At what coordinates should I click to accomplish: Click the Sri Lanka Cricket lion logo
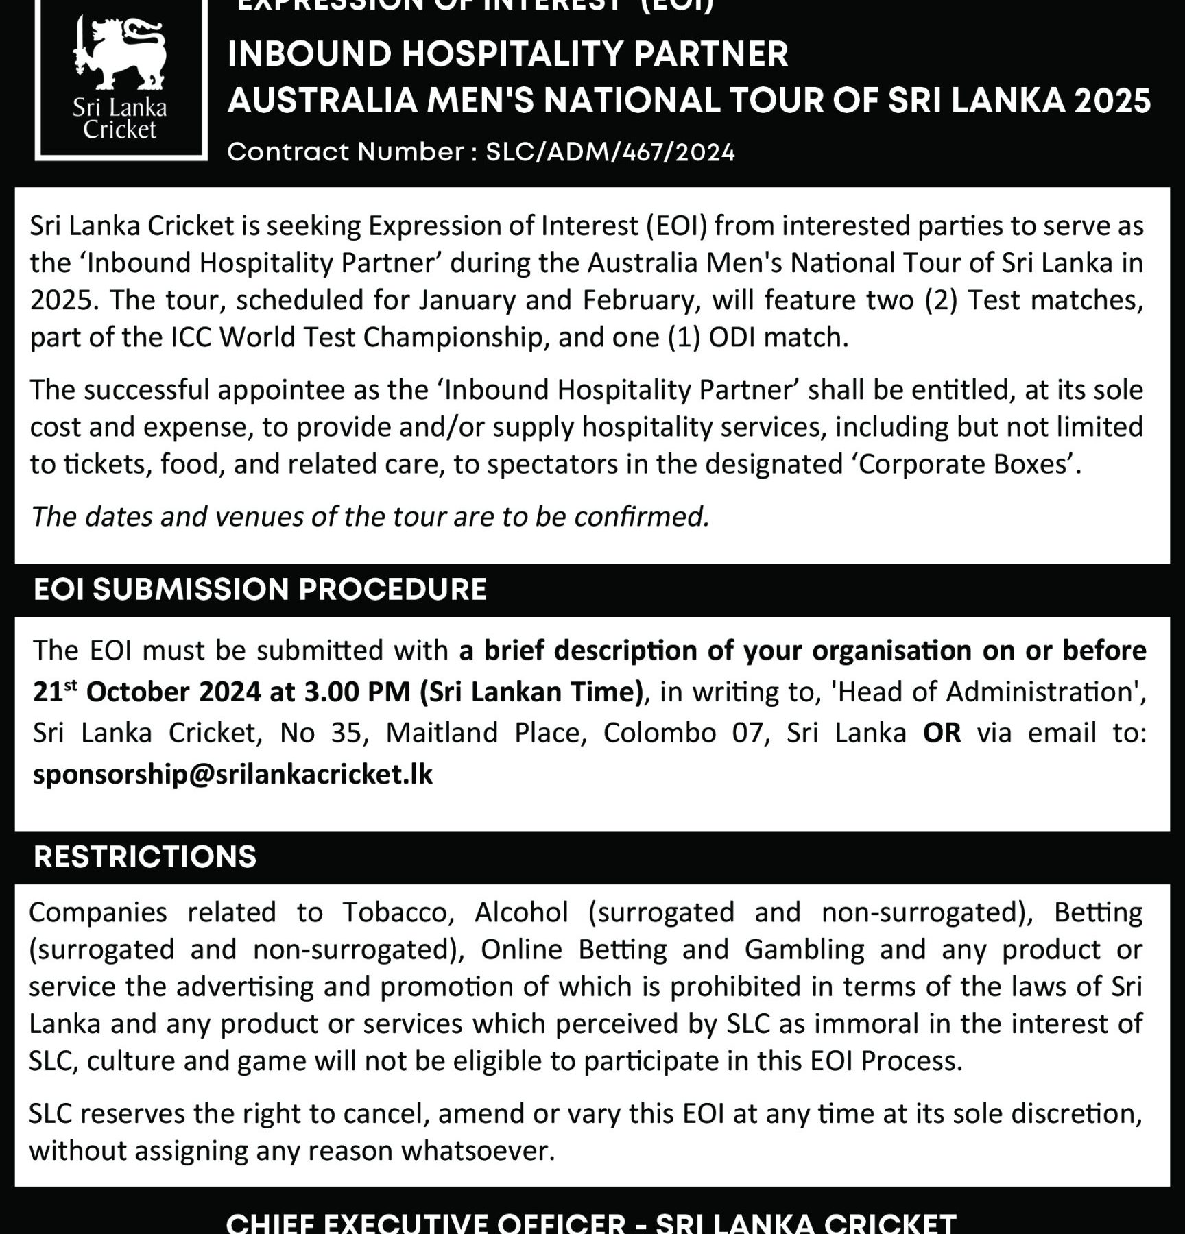tap(120, 55)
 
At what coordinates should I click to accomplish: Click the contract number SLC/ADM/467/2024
tap(610, 152)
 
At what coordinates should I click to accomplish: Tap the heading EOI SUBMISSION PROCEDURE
tap(260, 590)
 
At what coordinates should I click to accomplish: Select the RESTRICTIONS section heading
tap(145, 857)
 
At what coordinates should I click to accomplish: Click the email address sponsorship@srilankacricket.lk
tap(232, 774)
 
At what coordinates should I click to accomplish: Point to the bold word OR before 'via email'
tap(942, 733)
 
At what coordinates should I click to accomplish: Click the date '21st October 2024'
tap(147, 692)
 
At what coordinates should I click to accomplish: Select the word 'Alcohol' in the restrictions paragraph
tap(521, 912)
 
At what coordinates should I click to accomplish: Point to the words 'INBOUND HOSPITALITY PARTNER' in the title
tap(507, 54)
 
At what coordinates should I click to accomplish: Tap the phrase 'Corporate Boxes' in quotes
tap(963, 465)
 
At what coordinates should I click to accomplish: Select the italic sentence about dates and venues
tap(370, 516)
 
